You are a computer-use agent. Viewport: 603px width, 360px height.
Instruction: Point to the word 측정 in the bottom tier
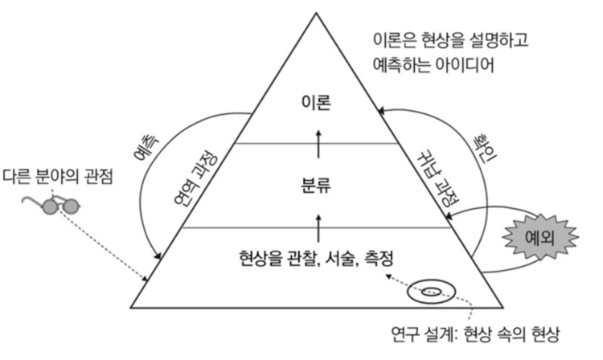[x=383, y=257]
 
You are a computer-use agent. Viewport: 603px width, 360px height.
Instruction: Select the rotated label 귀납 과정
[x=435, y=178]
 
